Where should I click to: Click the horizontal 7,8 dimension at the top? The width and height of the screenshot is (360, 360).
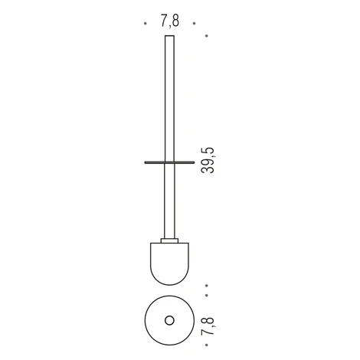click(170, 21)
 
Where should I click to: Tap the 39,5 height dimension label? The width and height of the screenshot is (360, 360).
click(208, 161)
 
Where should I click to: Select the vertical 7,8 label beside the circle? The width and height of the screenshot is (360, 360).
click(208, 326)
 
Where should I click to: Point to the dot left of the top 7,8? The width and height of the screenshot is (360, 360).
click(146, 24)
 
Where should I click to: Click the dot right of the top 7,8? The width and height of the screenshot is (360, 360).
click(195, 24)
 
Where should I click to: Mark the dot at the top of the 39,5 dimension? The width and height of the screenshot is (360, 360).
click(207, 36)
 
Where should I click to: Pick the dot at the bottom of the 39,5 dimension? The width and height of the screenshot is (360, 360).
click(207, 286)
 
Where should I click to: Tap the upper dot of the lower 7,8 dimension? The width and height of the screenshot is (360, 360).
click(207, 296)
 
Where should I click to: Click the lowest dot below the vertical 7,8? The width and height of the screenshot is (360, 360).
click(207, 345)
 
